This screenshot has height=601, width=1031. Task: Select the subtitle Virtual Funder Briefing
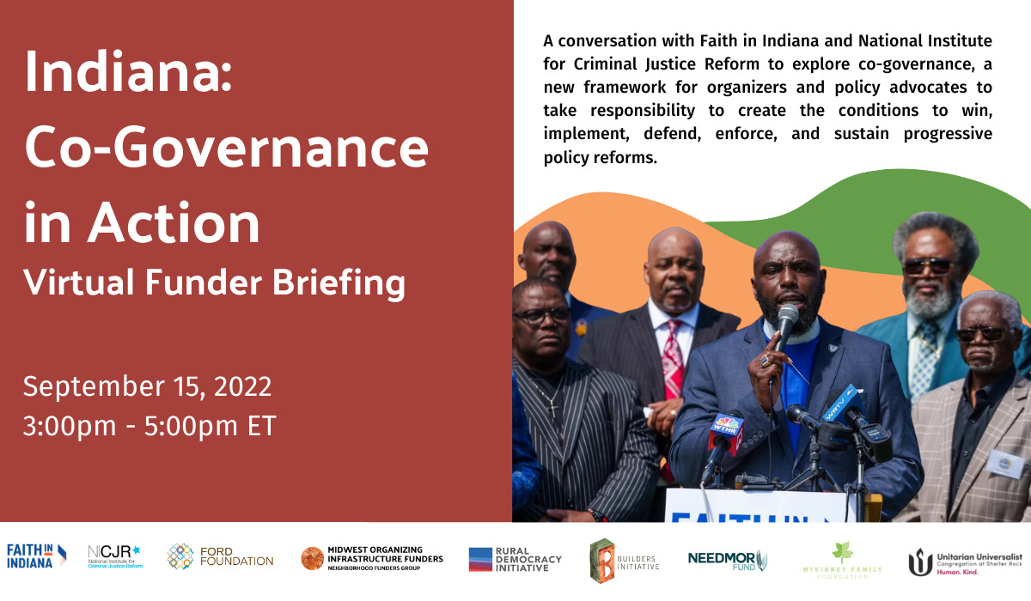(215, 282)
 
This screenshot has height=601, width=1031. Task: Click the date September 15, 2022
(147, 386)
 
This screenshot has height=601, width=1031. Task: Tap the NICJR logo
(116, 556)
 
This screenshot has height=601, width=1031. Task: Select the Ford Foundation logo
(220, 557)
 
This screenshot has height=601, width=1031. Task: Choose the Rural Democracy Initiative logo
(515, 559)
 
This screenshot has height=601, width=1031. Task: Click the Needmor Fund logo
(727, 559)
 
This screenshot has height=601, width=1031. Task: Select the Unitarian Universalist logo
(966, 562)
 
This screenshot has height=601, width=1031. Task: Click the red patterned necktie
(673, 361)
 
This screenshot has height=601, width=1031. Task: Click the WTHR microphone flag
(725, 433)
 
